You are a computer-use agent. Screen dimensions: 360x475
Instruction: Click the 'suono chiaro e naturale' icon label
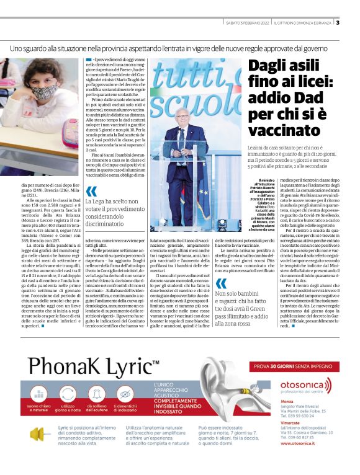coord(43,409)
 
